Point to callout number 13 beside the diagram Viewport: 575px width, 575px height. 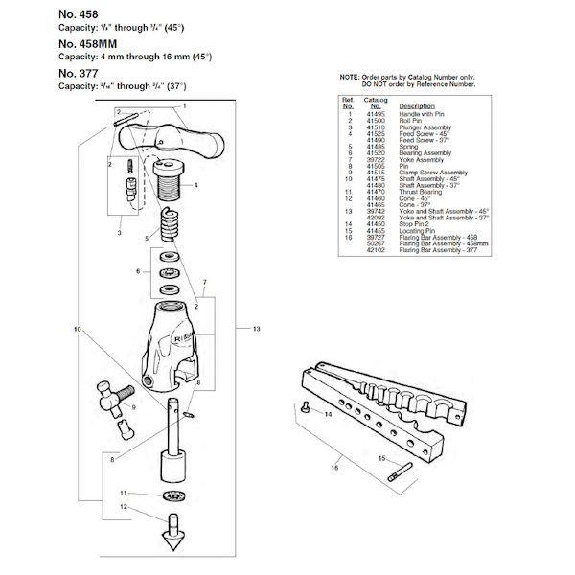click(256, 329)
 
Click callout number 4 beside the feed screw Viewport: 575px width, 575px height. click(195, 184)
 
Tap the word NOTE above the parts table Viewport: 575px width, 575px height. click(348, 76)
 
